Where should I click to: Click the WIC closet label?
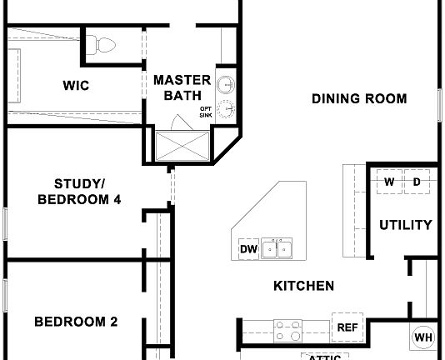[76, 85]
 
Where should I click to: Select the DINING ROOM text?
[359, 99]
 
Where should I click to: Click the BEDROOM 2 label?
[76, 322]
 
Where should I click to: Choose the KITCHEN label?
[304, 286]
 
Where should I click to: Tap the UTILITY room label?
[406, 224]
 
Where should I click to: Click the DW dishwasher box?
[248, 249]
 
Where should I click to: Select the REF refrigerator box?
[347, 327]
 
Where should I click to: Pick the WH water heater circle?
[422, 337]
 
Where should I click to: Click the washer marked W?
[389, 182]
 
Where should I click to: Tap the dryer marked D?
[417, 182]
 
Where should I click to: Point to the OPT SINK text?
[205, 112]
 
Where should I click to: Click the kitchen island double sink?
[277, 248]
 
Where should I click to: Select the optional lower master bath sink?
[227, 110]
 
